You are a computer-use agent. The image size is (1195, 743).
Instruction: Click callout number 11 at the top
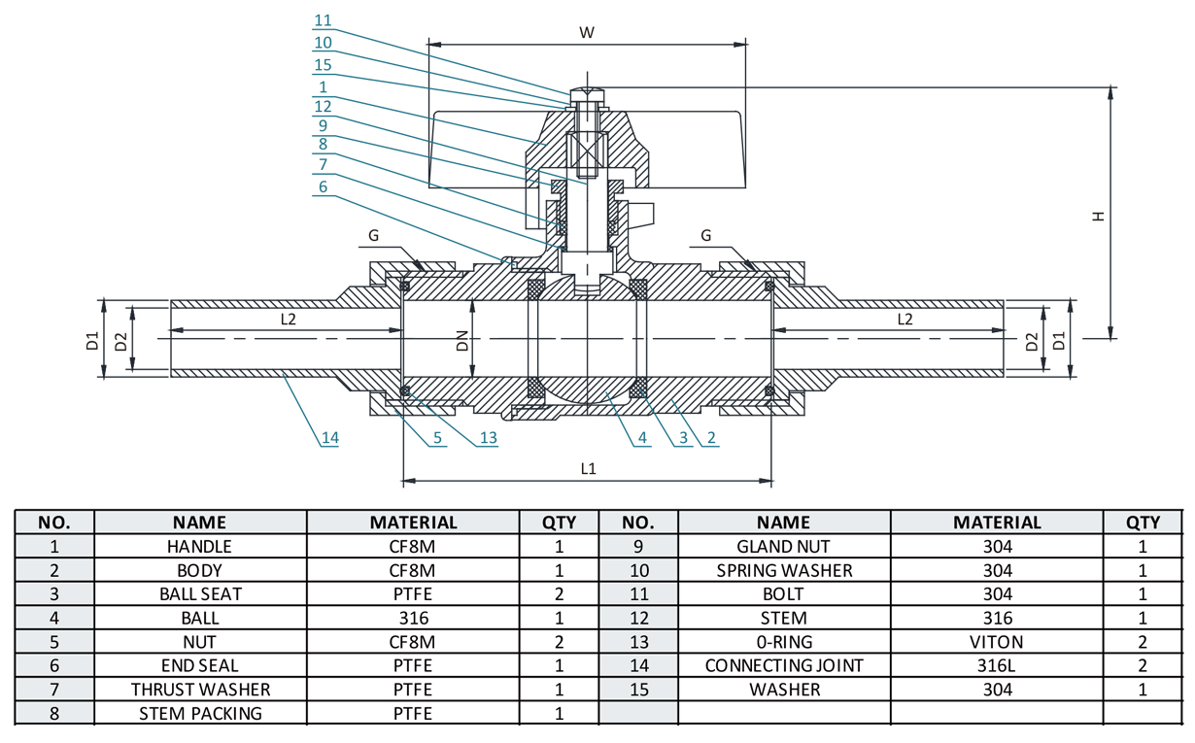pyautogui.click(x=323, y=20)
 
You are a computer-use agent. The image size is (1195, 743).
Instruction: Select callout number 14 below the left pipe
pyautogui.click(x=329, y=438)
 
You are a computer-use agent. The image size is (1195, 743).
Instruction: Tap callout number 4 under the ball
pyautogui.click(x=642, y=438)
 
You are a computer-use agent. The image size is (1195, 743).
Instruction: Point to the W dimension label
pyautogui.click(x=587, y=32)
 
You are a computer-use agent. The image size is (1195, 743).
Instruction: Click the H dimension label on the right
pyautogui.click(x=1098, y=216)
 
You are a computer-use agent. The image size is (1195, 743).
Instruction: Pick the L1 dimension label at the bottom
pyautogui.click(x=588, y=468)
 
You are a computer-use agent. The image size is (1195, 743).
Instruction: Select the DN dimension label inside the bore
pyautogui.click(x=462, y=341)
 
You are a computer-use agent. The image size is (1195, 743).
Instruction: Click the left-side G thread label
pyautogui.click(x=373, y=235)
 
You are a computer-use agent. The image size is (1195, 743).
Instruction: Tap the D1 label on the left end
pyautogui.click(x=92, y=341)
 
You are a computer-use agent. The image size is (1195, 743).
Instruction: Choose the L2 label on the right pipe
pyautogui.click(x=905, y=319)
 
